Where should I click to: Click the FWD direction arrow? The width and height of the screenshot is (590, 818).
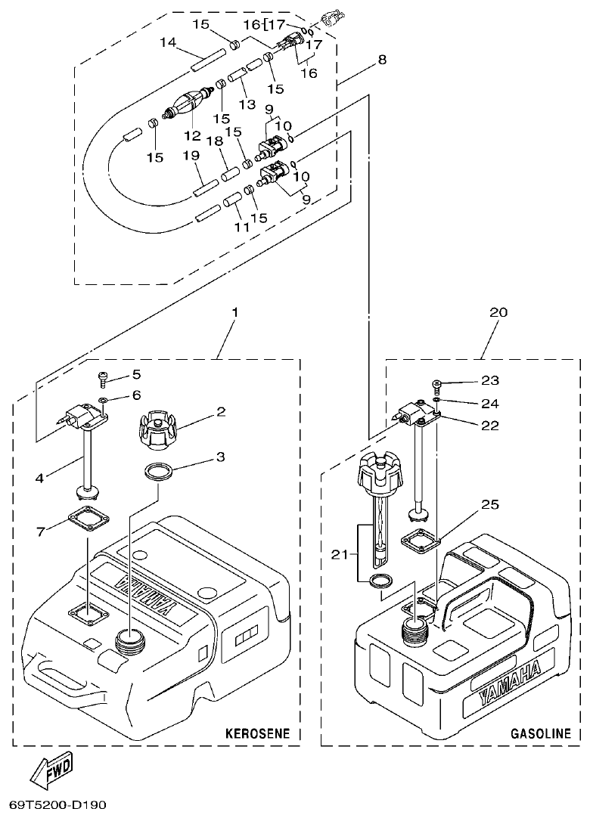[52, 772]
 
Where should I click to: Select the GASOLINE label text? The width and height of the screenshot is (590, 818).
[541, 733]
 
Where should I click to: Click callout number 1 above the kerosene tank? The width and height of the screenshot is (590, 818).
[234, 312]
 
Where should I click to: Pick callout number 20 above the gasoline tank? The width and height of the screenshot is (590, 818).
[499, 312]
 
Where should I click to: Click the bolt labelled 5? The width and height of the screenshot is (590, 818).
[103, 376]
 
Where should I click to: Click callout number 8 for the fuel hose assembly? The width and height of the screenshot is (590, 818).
[382, 60]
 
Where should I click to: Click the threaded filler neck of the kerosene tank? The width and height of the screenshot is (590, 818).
[129, 642]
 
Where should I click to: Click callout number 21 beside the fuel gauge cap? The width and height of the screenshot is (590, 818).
[341, 556]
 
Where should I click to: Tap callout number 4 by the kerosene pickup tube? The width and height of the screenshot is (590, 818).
[40, 478]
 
